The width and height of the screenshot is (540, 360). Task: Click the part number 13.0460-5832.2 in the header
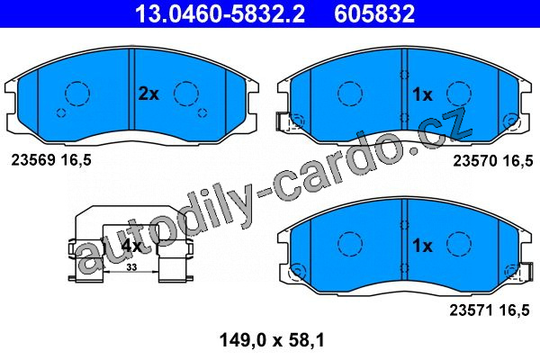click(220, 13)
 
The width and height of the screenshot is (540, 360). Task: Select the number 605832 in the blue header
click(374, 13)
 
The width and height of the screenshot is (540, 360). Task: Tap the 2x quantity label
click(148, 94)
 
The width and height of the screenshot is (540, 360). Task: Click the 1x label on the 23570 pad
click(422, 94)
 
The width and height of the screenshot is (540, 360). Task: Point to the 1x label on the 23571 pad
click(422, 246)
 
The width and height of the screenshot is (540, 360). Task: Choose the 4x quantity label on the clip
click(132, 246)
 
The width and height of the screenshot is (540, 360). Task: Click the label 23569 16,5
click(51, 160)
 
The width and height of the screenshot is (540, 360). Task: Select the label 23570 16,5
click(493, 161)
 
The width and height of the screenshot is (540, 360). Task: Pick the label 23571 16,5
click(489, 310)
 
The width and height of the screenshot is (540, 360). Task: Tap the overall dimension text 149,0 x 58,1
click(272, 340)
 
